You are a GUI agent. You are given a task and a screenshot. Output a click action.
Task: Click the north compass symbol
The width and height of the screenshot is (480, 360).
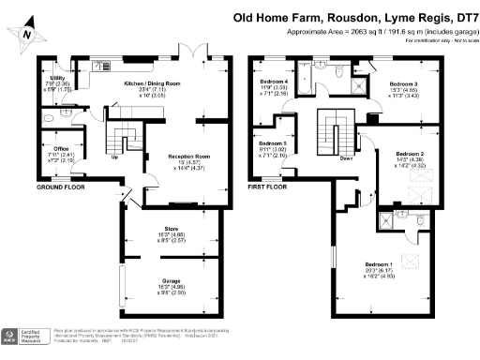(x=32, y=31)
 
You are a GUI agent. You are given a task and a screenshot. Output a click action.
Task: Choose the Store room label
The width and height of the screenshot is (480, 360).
(x=171, y=234)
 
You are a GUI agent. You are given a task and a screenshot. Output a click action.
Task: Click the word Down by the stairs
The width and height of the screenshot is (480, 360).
(x=347, y=158)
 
